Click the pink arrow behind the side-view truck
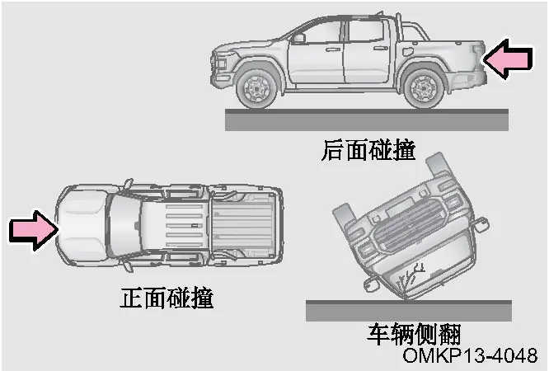click(509, 59)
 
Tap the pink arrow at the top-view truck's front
click(34, 230)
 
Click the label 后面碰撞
click(368, 150)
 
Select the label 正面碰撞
click(167, 298)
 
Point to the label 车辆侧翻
click(414, 334)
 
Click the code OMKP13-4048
click(470, 355)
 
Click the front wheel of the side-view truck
click(257, 88)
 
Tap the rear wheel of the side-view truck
click(424, 88)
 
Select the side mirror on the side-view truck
click(298, 38)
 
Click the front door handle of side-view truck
click(333, 49)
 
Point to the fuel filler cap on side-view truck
click(407, 51)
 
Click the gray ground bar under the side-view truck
click(367, 120)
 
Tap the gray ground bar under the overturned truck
click(409, 310)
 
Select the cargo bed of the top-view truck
click(244, 225)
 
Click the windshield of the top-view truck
click(125, 226)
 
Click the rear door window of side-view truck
click(366, 31)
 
